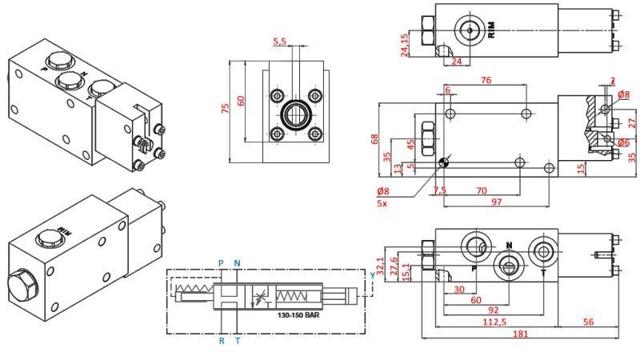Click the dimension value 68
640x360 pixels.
point(374,138)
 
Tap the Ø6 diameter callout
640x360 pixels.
point(624,142)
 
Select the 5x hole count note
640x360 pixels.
point(382,203)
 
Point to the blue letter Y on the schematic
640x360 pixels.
point(372,274)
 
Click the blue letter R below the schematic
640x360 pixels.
point(222,341)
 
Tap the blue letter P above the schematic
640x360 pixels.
point(222,262)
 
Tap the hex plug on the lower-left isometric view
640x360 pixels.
point(18,286)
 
